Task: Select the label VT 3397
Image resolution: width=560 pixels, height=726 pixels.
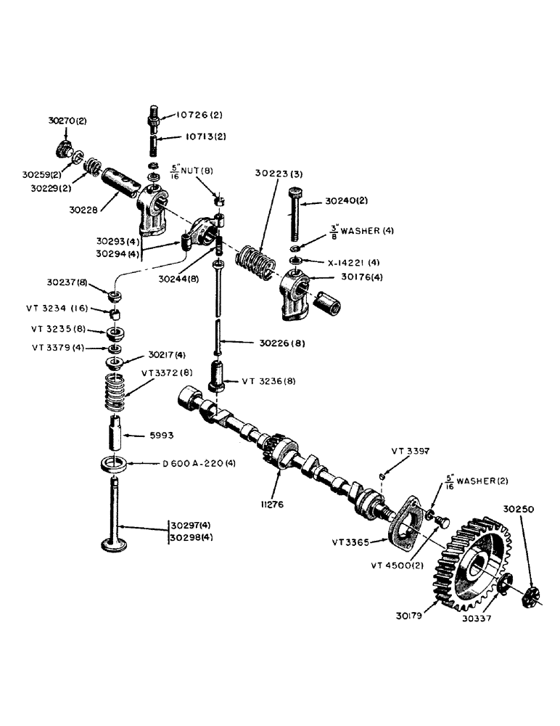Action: (411, 451)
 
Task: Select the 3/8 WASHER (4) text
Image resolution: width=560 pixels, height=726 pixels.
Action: (350, 232)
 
